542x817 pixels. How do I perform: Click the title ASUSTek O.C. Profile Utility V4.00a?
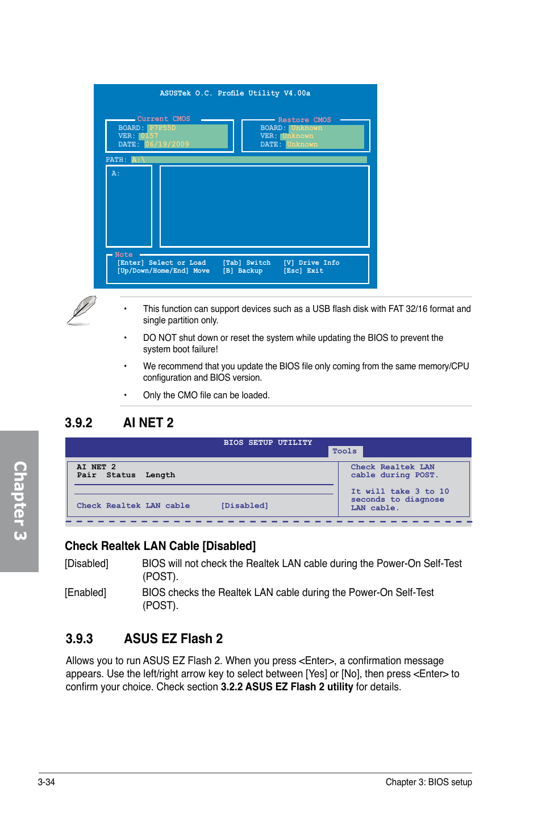235,93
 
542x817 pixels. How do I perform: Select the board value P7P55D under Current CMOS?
162,128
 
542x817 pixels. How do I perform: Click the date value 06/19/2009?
166,144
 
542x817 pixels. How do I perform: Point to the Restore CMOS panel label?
304,120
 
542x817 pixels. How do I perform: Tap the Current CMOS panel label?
164,119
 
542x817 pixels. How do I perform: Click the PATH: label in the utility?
116,160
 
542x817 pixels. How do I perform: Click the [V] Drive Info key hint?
311,262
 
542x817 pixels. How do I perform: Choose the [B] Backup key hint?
243,271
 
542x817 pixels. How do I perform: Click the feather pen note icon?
81,310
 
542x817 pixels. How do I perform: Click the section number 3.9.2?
78,423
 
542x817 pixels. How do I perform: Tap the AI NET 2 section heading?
148,423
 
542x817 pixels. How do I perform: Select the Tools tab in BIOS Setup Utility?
344,451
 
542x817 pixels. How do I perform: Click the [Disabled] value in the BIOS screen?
244,506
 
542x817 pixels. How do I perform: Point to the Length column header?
160,475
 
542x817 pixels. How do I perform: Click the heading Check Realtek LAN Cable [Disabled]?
160,546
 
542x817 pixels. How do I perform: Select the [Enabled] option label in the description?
85,593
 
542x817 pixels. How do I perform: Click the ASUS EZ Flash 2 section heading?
173,639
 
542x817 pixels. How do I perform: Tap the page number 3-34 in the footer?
47,782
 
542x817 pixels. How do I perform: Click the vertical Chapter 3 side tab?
19,501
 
